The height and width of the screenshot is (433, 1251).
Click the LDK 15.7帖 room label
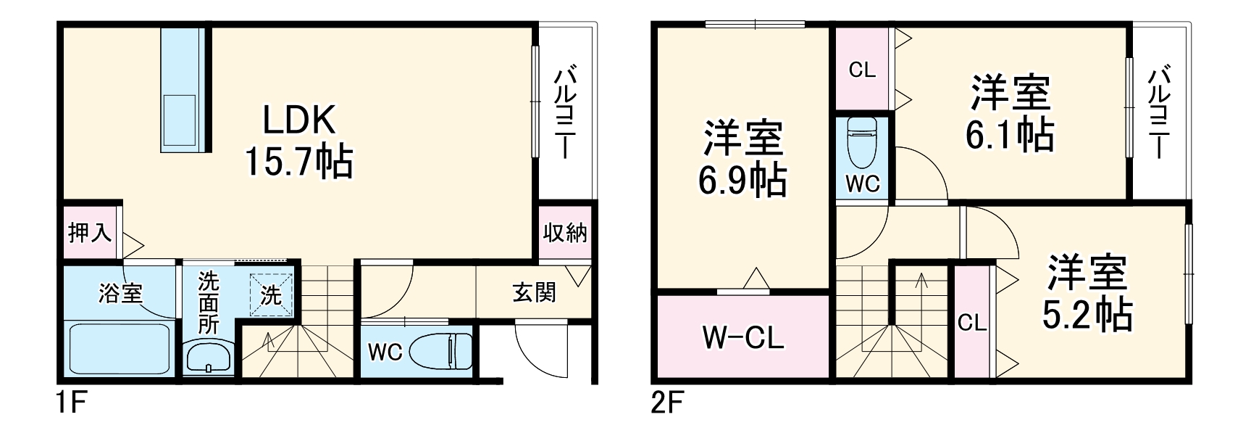298,141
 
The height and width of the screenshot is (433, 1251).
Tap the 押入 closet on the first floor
90,233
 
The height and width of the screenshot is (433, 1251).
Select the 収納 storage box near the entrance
565,233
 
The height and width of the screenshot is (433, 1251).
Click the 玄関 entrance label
534,292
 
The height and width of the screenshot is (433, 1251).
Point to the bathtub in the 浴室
120,348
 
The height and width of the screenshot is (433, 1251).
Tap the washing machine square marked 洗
271,294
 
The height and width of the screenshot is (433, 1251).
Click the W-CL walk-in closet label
743,337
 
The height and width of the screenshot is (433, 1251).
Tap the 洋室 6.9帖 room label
742,159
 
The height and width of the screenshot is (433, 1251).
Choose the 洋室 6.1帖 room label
1010,112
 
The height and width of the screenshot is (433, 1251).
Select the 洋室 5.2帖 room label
1087,293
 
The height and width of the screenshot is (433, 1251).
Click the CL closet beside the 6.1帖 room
862,70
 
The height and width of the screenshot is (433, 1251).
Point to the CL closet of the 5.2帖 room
971,322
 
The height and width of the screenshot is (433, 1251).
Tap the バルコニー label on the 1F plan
566,112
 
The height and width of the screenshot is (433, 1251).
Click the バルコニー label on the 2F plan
1160,112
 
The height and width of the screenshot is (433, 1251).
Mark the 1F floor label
71,403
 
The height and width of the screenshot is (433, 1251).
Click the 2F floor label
666,403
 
